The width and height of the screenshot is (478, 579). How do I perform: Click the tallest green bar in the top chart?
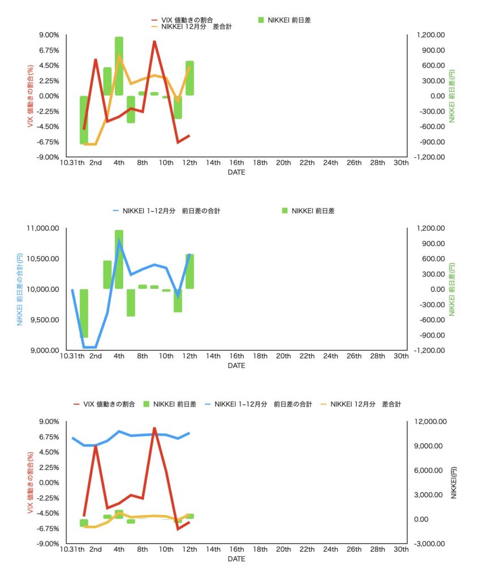[119, 66]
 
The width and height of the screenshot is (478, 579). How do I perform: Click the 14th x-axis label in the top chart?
[213, 163]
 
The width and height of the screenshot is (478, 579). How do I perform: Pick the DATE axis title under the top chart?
[236, 172]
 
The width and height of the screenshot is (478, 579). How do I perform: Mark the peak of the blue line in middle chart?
[119, 241]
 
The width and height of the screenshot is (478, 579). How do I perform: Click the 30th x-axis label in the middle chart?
[401, 357]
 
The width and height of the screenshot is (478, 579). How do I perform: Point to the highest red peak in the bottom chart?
[154, 429]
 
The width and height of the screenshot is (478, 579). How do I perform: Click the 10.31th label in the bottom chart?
[72, 550]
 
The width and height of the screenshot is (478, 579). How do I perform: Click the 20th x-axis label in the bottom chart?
[283, 550]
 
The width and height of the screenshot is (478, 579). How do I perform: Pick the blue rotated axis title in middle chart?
[20, 289]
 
